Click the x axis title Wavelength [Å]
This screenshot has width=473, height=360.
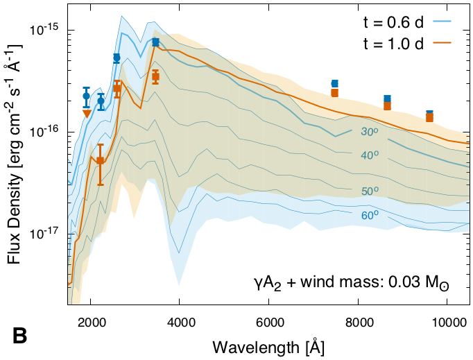pos(268,345)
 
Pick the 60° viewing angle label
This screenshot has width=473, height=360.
pos(369,215)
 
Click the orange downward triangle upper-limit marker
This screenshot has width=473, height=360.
pos(87,113)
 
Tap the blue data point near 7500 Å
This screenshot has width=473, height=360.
pos(335,83)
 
